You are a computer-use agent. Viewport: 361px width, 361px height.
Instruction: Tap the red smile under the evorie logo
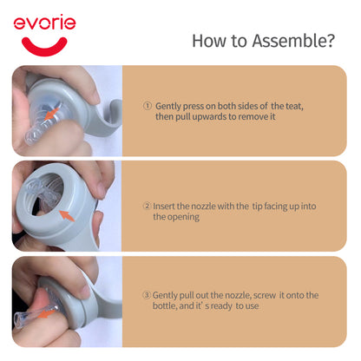[x=44, y=47]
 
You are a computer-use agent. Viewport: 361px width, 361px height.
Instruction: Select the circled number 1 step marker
[x=148, y=106]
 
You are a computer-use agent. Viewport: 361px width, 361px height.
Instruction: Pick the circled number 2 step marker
[x=147, y=206]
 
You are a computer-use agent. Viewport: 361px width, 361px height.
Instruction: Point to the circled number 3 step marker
[x=147, y=295]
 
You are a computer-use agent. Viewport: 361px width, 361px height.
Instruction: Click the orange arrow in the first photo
[x=51, y=114]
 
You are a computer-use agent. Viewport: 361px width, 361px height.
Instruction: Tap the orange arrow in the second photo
[x=67, y=216]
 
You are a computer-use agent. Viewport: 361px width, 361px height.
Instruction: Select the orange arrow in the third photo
[x=46, y=313]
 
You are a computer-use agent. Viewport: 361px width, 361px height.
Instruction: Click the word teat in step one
[x=294, y=106]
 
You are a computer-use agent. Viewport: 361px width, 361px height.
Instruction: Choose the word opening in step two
[x=184, y=217]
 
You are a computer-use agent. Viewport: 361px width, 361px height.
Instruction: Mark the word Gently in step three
[x=165, y=295]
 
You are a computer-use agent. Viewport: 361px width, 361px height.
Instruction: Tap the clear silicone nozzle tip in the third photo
[x=28, y=318]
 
